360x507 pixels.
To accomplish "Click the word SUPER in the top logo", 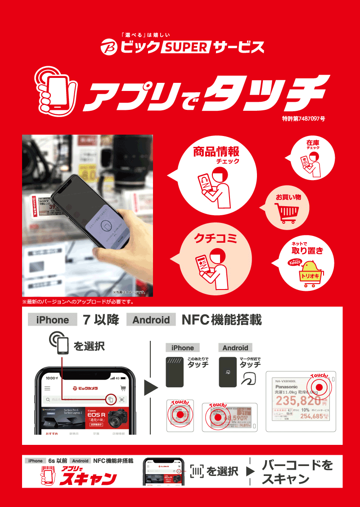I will pos(186,46).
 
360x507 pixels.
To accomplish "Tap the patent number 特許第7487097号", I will pos(303,119).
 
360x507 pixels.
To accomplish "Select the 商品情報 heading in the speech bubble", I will pos(216,151).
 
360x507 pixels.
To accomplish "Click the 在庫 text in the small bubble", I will pos(313,143).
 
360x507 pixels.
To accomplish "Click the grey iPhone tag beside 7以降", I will pos(53,320).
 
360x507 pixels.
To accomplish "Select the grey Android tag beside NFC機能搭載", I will pos(151,320).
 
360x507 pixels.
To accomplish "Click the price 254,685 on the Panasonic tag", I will pos(311,416).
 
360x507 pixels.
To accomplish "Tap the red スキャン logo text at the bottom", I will pos(88,479).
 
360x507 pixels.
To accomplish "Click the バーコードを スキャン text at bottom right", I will pos(297,472).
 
